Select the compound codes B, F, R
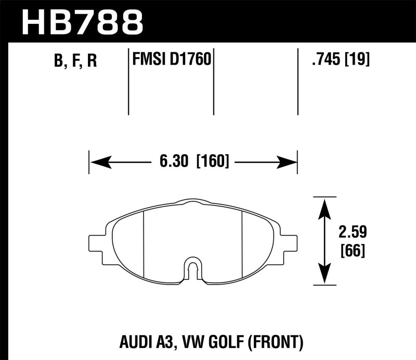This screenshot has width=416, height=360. (75, 61)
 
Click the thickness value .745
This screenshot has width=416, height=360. (323, 60)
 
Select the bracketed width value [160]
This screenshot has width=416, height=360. (213, 162)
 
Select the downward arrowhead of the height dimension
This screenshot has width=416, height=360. (324, 276)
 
